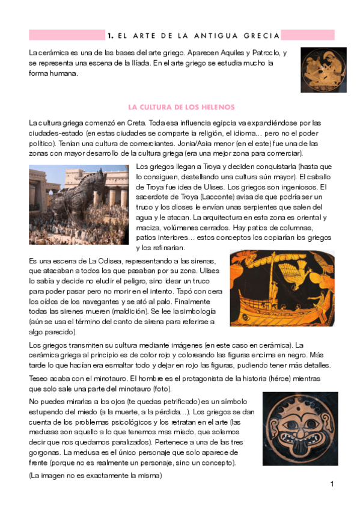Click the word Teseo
point(40,378)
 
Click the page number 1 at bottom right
point(331,484)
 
